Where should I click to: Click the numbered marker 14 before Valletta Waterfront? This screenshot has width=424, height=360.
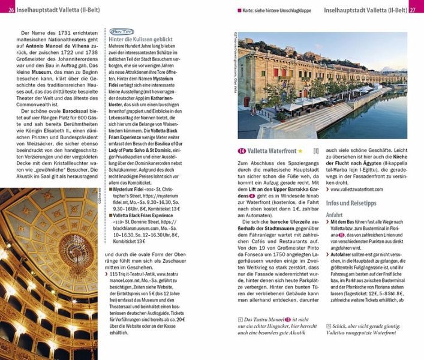click(x=242, y=151)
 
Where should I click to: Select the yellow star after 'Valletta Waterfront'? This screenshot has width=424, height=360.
click(x=300, y=151)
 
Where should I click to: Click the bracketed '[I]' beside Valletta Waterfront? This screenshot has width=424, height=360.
click(x=316, y=151)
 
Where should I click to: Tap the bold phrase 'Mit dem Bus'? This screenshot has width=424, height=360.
click(x=342, y=221)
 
